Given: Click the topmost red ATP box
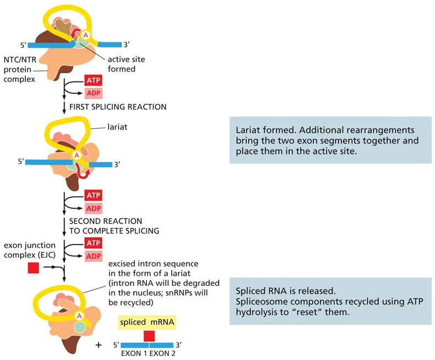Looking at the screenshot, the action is [94, 80].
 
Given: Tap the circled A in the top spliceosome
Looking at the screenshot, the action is [86, 35].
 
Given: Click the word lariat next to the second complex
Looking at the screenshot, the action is [117, 127].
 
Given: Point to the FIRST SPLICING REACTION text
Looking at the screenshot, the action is [118, 107].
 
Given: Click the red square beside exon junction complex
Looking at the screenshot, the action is [33, 268].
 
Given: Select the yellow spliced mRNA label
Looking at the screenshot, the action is [147, 322].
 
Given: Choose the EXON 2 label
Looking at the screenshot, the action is [162, 353].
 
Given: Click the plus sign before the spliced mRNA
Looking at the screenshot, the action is [99, 345].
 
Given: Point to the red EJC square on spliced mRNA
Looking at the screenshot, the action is [149, 336].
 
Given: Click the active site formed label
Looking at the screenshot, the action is [126, 64].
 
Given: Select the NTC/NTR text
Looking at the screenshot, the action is [20, 59].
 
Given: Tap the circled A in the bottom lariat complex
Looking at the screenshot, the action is [79, 315].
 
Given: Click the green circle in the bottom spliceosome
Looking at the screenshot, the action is [80, 327].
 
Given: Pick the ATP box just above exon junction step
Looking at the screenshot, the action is [94, 243].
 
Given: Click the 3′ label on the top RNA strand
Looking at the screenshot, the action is [127, 45].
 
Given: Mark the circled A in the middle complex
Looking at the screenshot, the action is [77, 156].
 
